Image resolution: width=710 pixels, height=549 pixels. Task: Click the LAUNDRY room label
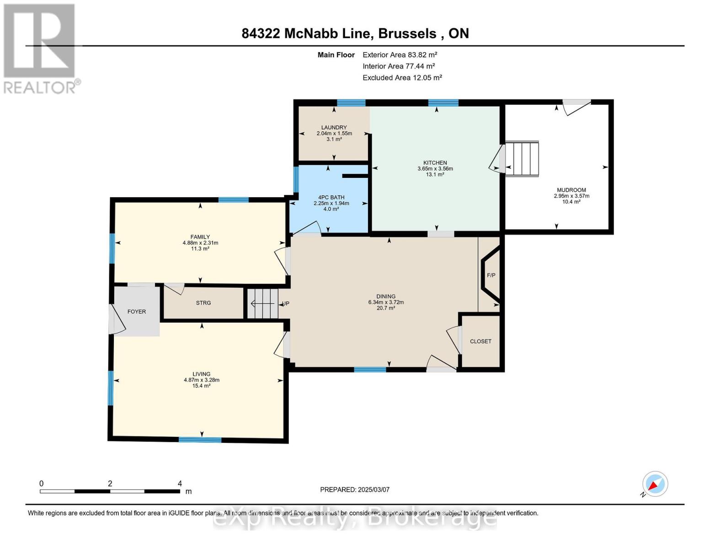(334, 128)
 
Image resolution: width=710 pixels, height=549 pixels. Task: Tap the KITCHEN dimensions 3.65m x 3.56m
(435, 169)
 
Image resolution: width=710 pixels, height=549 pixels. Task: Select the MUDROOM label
(571, 190)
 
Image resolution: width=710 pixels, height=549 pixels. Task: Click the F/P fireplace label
(491, 275)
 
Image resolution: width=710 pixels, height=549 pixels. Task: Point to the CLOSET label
(480, 341)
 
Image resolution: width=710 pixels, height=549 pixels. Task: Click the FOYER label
(136, 312)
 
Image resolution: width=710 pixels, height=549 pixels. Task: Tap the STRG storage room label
(203, 303)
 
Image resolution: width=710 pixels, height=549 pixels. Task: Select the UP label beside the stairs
(286, 304)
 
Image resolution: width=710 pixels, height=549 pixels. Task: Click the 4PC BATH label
(331, 198)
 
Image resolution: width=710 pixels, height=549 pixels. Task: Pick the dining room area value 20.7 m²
(386, 308)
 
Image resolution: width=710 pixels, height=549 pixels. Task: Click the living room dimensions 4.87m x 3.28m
(201, 380)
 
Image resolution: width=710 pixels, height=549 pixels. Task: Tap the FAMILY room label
(200, 237)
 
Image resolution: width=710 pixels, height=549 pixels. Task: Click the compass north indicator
(655, 484)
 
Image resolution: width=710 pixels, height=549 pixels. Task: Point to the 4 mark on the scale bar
(180, 484)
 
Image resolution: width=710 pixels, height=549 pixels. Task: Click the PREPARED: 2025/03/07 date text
(354, 490)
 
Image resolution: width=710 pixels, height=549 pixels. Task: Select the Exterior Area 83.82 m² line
(400, 54)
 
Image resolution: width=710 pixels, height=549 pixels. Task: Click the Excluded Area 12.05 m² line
(402, 78)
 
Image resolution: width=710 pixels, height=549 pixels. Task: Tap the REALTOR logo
(40, 48)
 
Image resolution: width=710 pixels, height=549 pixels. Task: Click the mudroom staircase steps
(523, 159)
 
